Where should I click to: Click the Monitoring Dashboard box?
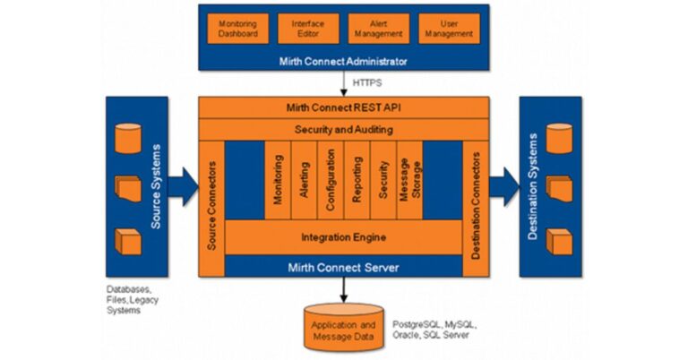237,29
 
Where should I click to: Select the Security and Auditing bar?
344,130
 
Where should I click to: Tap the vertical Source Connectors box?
211,206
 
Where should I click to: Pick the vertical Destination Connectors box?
477,206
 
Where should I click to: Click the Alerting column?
305,179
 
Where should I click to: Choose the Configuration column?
331,179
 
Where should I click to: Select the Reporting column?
357,179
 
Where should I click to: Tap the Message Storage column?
408,179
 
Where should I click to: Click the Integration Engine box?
344,238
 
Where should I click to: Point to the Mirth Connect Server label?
344,266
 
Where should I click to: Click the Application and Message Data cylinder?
343,327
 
